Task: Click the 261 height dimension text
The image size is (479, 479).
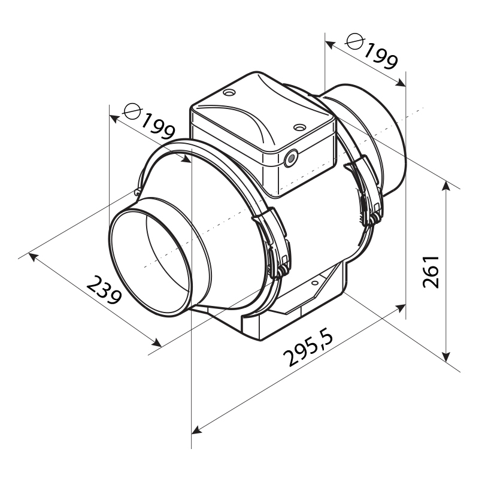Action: tap(431, 272)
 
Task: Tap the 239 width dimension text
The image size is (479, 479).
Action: tap(104, 290)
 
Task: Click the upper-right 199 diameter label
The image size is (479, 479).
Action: tap(381, 56)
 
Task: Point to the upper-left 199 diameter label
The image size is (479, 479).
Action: tap(158, 127)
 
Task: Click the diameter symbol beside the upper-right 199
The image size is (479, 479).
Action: tap(355, 41)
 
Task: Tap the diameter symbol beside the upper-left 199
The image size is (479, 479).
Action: tap(132, 111)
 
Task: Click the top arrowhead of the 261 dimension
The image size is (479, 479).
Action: tap(446, 186)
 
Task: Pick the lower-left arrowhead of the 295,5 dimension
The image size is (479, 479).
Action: tap(196, 431)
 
